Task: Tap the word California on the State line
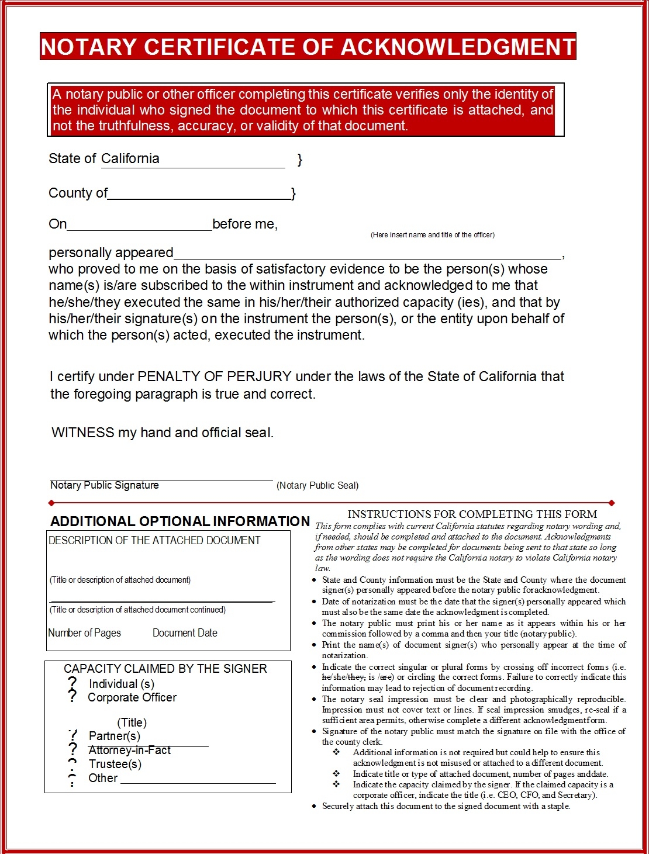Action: coord(130,158)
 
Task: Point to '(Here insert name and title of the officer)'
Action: coord(432,235)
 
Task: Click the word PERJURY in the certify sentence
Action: coord(260,376)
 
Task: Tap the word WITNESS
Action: coord(82,433)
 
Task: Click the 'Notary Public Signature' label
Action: coord(104,485)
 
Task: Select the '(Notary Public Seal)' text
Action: coord(317,485)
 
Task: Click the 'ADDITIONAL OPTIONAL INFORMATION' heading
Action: coord(179,521)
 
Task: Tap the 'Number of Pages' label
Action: coord(84,633)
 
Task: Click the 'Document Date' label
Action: coord(185,633)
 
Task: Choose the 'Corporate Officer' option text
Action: coord(132,697)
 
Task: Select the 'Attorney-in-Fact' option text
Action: coord(130,750)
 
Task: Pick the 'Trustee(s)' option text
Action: coord(115,764)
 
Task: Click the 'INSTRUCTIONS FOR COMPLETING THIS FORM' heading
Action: coord(472,514)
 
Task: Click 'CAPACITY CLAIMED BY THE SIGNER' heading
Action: coord(165,669)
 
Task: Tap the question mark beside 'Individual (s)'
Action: coord(73,683)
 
